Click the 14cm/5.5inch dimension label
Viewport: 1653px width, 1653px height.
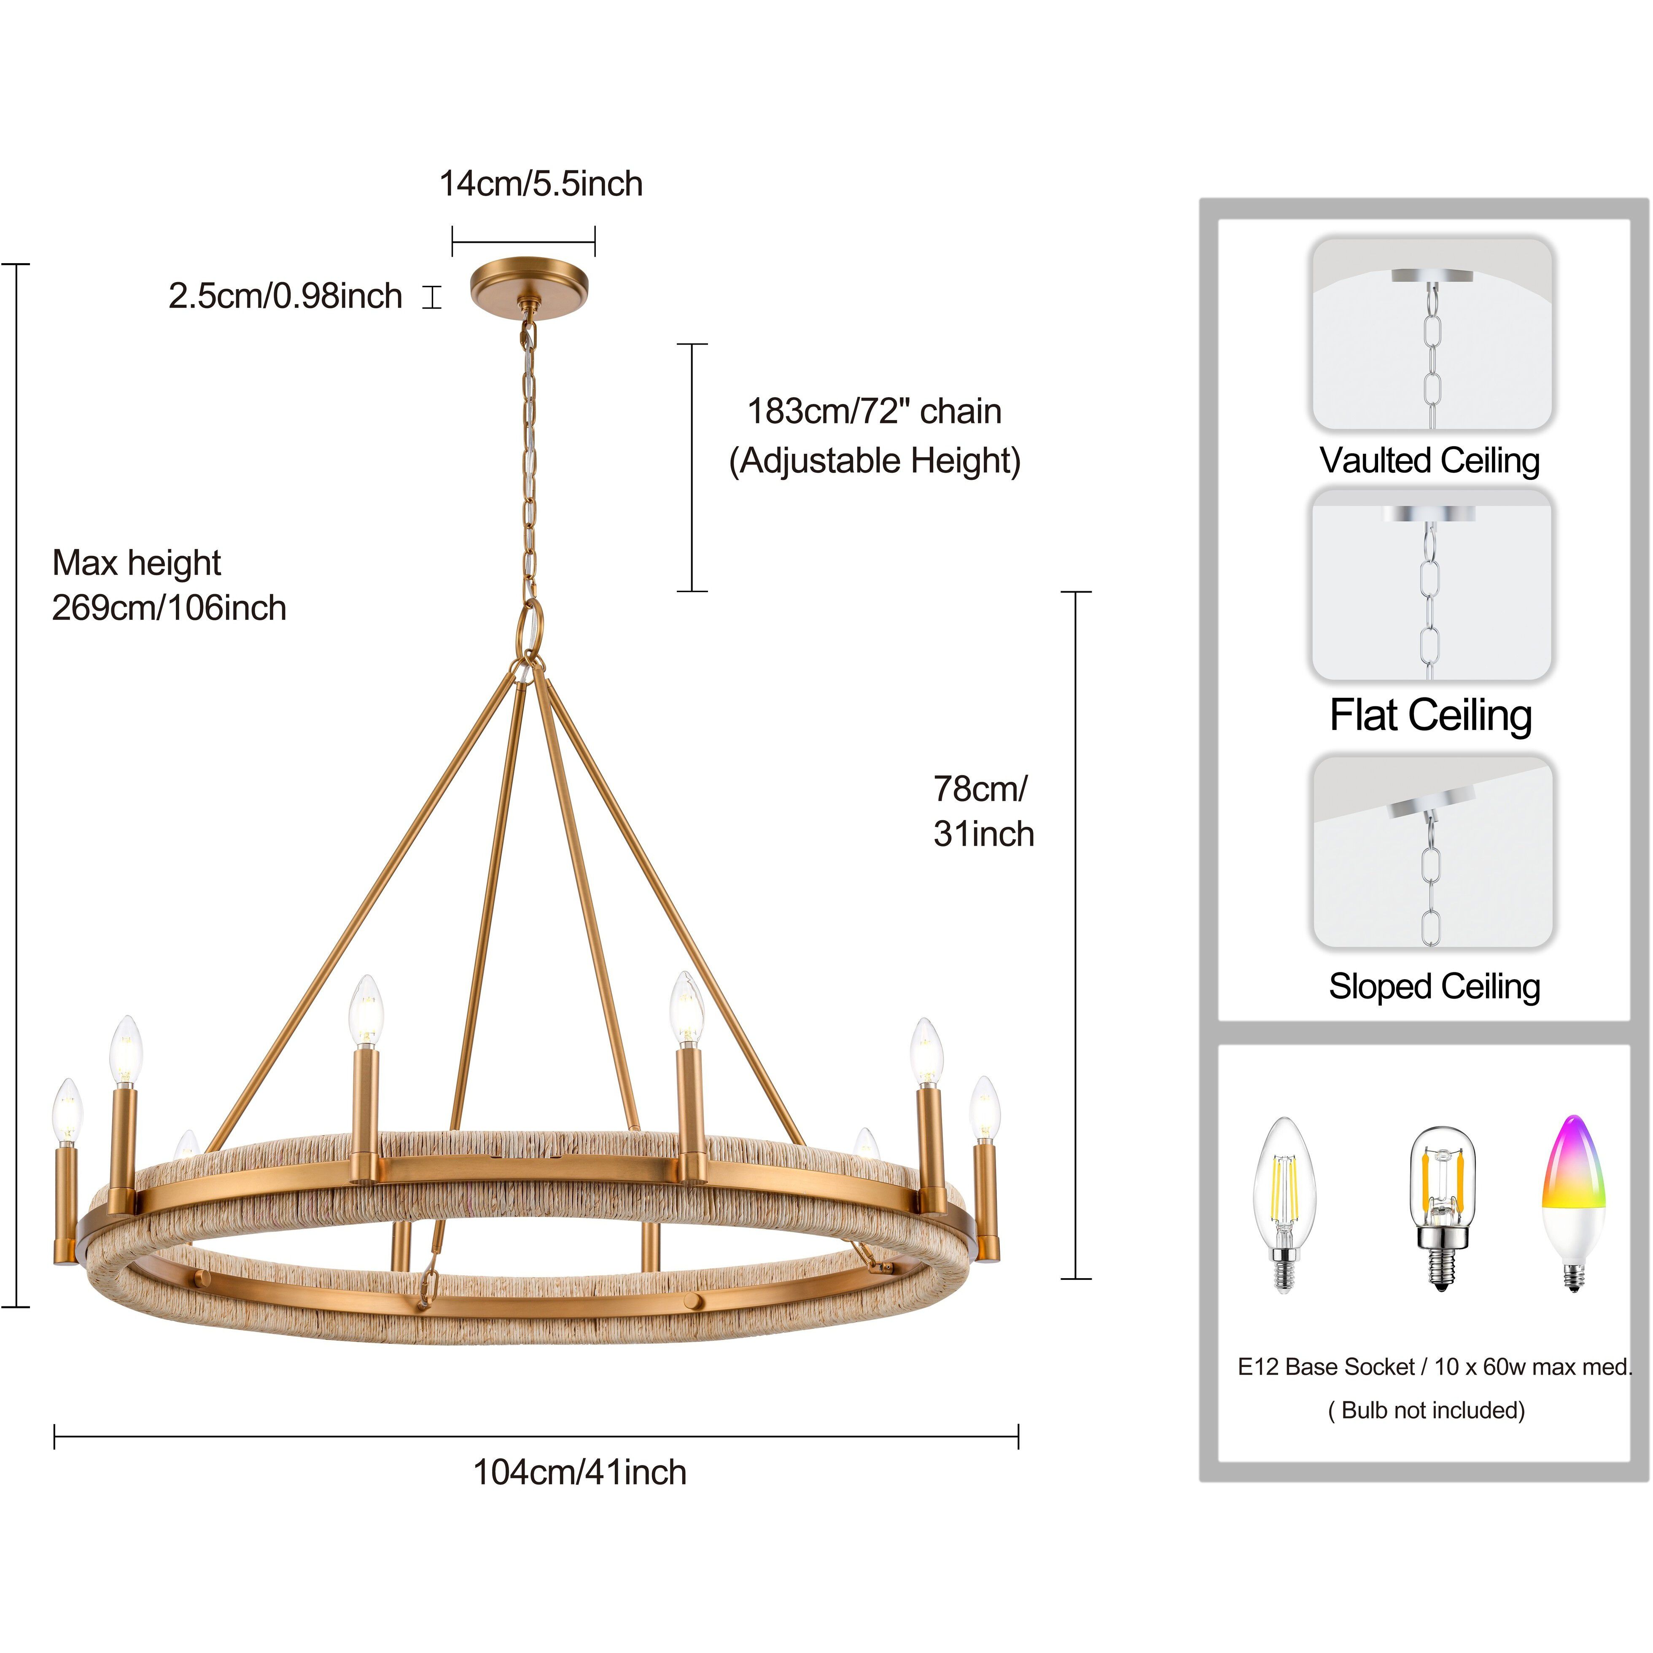pyautogui.click(x=541, y=184)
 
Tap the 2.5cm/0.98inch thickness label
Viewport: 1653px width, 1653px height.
pyautogui.click(x=285, y=296)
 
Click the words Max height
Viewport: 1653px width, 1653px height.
pyautogui.click(x=137, y=563)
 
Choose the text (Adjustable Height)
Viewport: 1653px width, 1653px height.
pyautogui.click(x=875, y=461)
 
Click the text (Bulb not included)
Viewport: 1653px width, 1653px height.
pyautogui.click(x=1426, y=1410)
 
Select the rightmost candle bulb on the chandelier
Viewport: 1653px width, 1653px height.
pyautogui.click(x=985, y=1109)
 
